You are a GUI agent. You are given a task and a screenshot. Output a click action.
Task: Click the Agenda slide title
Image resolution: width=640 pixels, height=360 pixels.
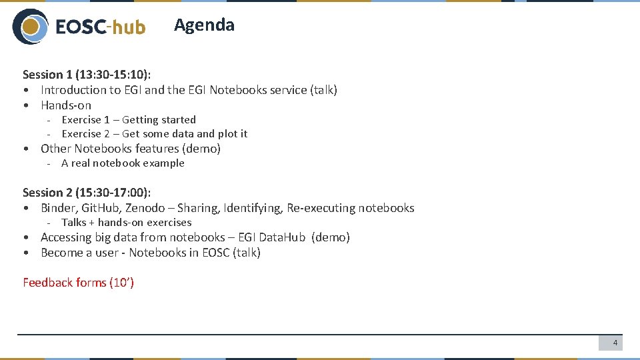point(204,25)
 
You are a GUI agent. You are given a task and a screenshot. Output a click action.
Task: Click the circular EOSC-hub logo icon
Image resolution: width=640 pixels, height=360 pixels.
point(30,27)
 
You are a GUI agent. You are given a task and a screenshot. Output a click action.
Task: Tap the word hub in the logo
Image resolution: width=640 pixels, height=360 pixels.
point(128,27)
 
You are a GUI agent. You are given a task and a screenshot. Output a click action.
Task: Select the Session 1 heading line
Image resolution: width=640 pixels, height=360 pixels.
point(87,74)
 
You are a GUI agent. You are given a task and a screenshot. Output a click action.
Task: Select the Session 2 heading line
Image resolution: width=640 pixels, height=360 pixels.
point(87,192)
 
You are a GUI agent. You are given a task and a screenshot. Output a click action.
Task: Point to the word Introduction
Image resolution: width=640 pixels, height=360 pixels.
point(73,90)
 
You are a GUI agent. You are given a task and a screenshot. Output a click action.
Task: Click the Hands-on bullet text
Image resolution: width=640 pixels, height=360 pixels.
point(66,105)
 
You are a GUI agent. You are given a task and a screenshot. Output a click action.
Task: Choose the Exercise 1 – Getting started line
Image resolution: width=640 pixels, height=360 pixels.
point(129,120)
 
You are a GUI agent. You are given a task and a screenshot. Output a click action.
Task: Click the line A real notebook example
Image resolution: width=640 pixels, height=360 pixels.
point(123,163)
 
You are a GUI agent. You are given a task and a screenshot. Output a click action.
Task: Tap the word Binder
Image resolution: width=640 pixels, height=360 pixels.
point(58,208)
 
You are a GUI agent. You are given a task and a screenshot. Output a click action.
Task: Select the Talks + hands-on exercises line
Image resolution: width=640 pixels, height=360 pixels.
point(126,223)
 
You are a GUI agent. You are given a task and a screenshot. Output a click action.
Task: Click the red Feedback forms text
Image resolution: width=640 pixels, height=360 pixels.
point(78,283)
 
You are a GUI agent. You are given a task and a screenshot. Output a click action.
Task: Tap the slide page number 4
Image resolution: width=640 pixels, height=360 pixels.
point(615,343)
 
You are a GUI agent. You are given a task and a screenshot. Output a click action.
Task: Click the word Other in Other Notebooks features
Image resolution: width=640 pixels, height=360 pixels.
point(55,149)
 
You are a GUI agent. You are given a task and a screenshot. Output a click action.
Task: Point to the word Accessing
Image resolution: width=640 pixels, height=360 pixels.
point(67,237)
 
